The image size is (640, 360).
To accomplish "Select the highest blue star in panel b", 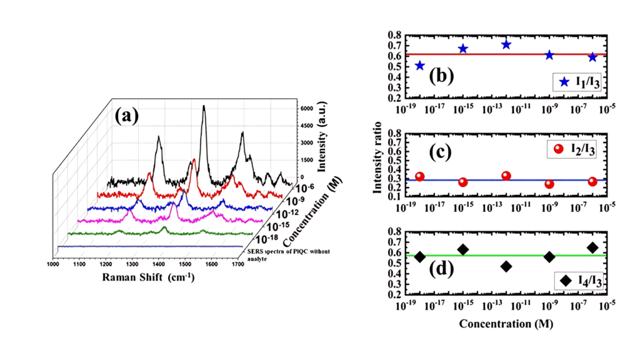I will pos(506,44).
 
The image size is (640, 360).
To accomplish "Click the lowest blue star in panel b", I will pos(419,66).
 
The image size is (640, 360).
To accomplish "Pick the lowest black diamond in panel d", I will pos(506,266).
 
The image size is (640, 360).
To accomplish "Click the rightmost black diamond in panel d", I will pos(592,247).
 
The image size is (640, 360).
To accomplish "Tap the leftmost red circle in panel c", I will pos(419,177).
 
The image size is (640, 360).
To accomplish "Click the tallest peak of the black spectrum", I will pos(203,107).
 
